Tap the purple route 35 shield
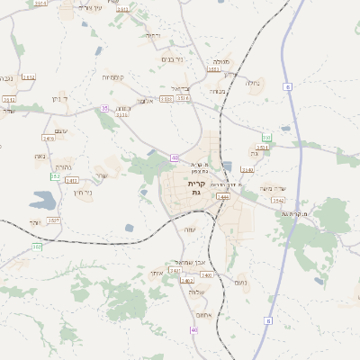point(104,108)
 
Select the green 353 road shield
point(266,138)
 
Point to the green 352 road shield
point(56,176)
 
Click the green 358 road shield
point(37,246)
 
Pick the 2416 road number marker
point(49,139)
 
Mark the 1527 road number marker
point(54,220)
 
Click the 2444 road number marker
point(223,196)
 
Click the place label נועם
point(241,283)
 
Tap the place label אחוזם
point(202,316)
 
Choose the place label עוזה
point(190,229)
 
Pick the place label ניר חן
point(82,193)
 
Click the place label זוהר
point(36,222)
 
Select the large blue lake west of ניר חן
point(42,201)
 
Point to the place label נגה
point(40,156)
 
